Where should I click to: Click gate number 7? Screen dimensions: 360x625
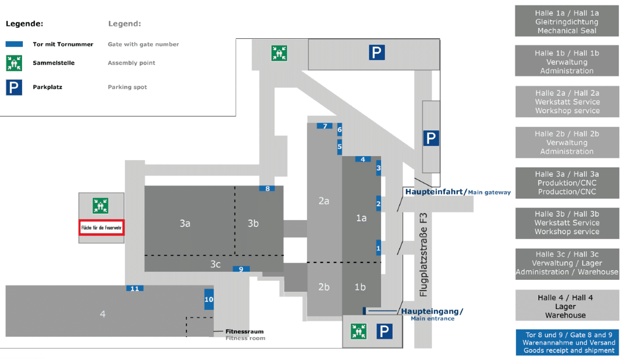pyautogui.click(x=325, y=126)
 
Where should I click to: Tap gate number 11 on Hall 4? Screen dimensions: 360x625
pyautogui.click(x=135, y=288)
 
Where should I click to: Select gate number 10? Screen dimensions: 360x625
pyautogui.click(x=209, y=299)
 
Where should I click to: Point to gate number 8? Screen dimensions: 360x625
pyautogui.click(x=268, y=188)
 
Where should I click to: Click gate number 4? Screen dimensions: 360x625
pyautogui.click(x=363, y=159)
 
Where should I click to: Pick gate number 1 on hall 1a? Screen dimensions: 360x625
pyautogui.click(x=379, y=248)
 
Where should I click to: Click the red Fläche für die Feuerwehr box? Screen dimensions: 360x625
pyautogui.click(x=102, y=227)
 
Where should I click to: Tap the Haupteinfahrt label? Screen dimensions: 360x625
pyautogui.click(x=435, y=192)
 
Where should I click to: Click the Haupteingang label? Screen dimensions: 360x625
pyautogui.click(x=432, y=312)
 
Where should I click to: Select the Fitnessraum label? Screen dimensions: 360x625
pyautogui.click(x=244, y=332)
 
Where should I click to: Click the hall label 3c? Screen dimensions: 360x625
pyautogui.click(x=215, y=264)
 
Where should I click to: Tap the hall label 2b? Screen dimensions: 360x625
pyautogui.click(x=324, y=287)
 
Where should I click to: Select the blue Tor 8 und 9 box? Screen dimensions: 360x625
pyautogui.click(x=567, y=342)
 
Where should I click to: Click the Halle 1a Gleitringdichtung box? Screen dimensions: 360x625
pyautogui.click(x=567, y=22)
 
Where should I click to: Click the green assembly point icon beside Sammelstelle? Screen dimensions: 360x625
pyautogui.click(x=14, y=63)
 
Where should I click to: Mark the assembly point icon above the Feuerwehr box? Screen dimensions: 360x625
pyautogui.click(x=101, y=205)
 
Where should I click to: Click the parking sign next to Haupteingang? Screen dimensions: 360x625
pyautogui.click(x=385, y=332)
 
